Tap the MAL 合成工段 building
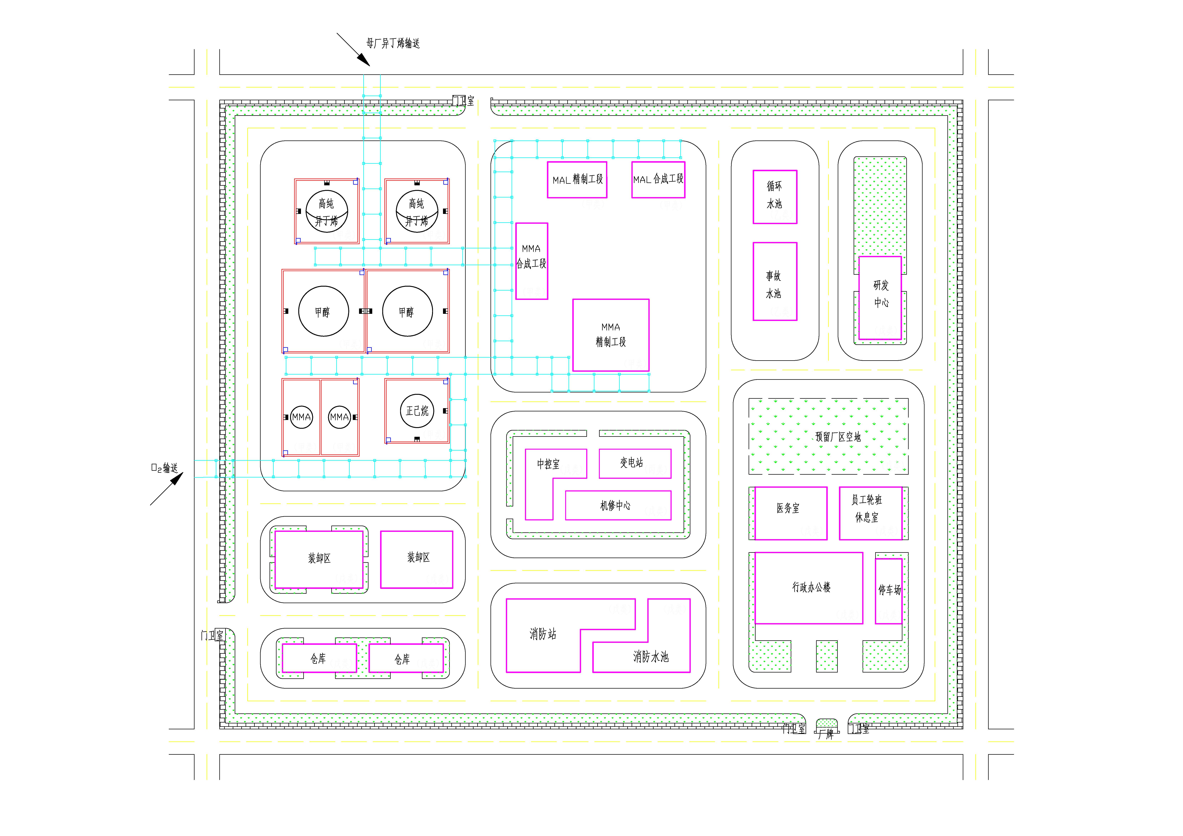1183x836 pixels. click(x=658, y=179)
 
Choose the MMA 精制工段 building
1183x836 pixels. click(x=611, y=335)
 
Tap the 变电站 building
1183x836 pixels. click(x=635, y=463)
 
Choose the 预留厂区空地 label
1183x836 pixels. click(x=838, y=437)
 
